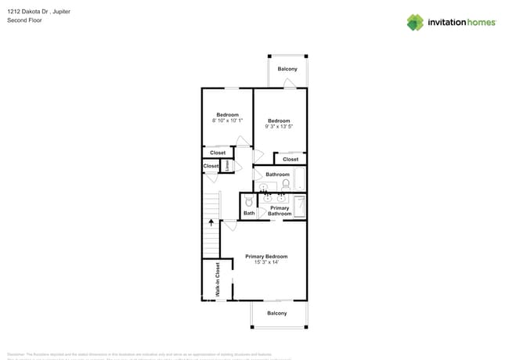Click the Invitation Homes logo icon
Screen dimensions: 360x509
[415, 22]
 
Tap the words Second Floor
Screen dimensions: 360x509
[24, 20]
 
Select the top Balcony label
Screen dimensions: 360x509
[287, 69]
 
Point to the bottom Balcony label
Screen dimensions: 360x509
[277, 313]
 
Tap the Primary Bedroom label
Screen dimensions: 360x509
[266, 257]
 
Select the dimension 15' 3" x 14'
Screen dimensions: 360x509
[266, 263]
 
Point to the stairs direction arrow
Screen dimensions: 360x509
[211, 223]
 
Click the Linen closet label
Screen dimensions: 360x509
[227, 165]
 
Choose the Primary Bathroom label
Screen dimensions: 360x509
[280, 211]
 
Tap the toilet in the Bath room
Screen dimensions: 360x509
[249, 202]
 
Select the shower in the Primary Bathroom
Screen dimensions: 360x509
[299, 206]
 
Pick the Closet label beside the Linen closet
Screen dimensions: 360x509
[211, 166]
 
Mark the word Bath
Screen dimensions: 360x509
[249, 213]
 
